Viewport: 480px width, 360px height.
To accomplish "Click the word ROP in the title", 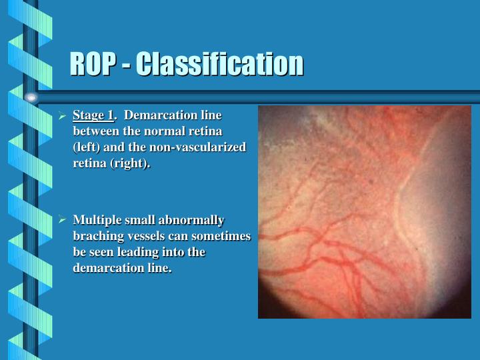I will tap(93, 65).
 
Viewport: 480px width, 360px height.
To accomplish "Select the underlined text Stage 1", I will tap(93, 115).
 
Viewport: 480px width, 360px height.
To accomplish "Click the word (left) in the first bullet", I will tap(86, 147).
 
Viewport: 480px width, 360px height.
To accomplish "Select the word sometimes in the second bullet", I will tap(223, 236).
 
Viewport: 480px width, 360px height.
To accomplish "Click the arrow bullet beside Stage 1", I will tap(61, 115).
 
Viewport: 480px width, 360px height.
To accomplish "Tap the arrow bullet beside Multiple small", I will tap(61, 220).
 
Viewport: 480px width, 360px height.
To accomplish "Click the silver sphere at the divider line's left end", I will tap(31, 97).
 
